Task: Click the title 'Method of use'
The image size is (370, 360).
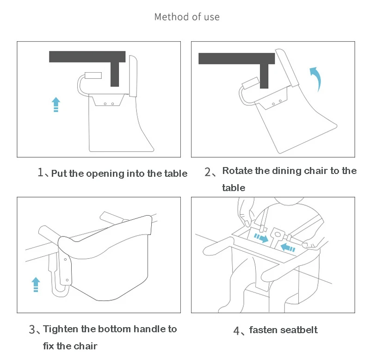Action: point(187,17)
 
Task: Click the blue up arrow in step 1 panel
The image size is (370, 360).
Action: point(55,105)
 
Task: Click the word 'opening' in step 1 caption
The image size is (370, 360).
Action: point(105,174)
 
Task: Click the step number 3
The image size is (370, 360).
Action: point(32,330)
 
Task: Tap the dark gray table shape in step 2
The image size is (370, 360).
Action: point(236,59)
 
